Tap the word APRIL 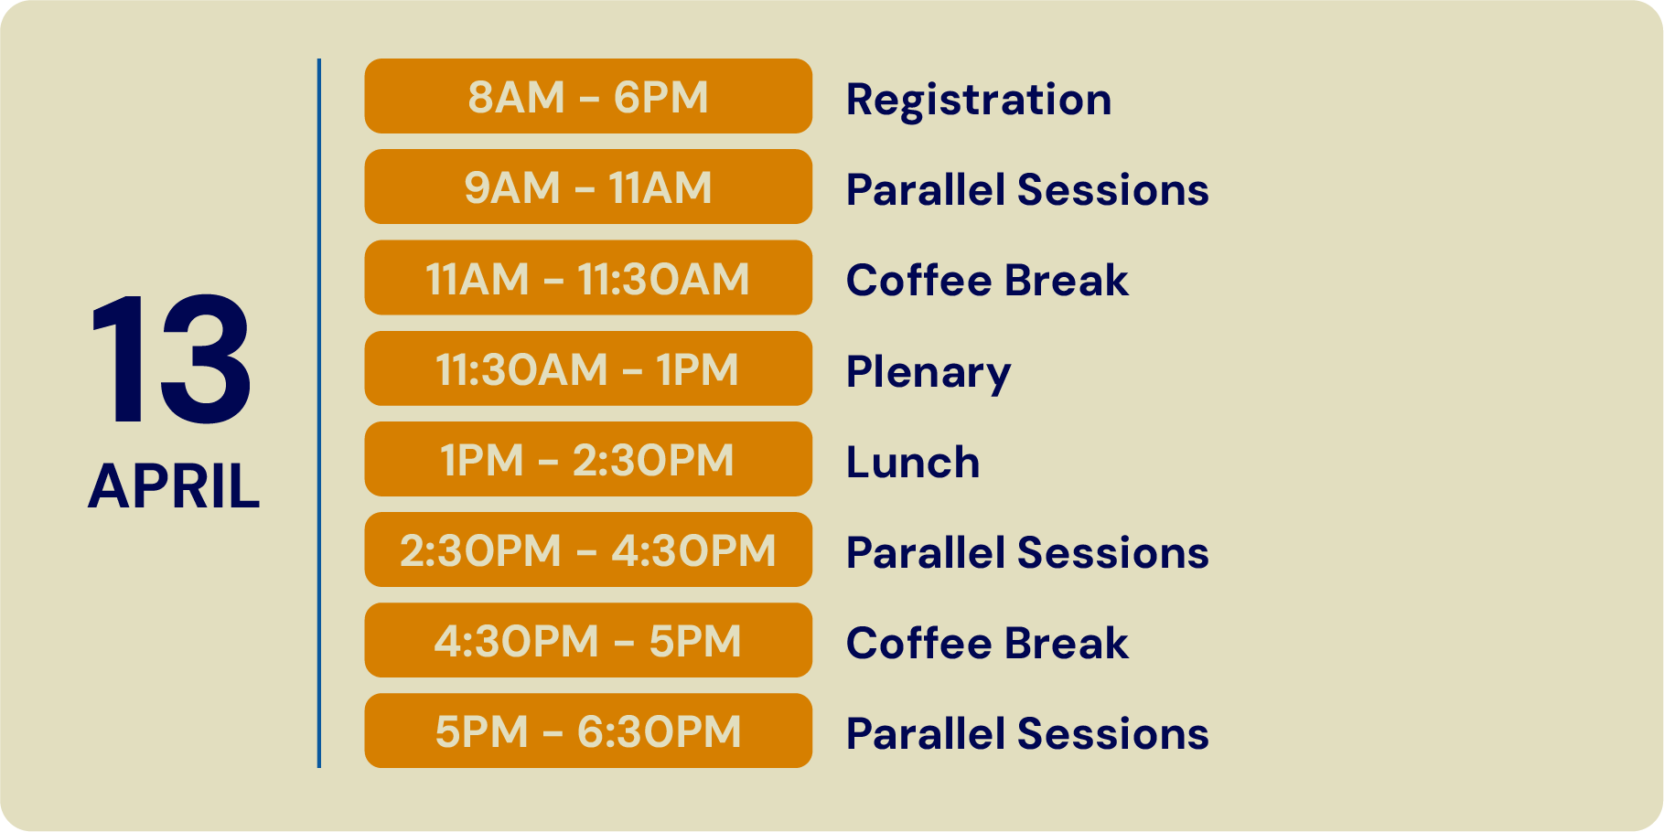click(x=174, y=485)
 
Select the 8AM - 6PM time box click(x=588, y=96)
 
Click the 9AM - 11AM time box click(x=588, y=187)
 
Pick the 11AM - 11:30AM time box click(x=588, y=277)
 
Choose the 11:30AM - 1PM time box click(x=588, y=368)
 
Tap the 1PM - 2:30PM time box click(x=588, y=459)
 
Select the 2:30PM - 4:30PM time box click(x=588, y=549)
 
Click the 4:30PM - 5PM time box click(x=588, y=640)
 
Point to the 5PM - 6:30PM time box click(x=588, y=731)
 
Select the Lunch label click(x=913, y=462)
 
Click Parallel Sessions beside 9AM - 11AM click(x=1027, y=190)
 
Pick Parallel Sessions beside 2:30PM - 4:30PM click(x=1027, y=553)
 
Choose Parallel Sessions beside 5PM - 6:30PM click(x=1027, y=734)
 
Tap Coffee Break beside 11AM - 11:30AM click(x=987, y=280)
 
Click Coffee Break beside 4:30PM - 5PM click(x=987, y=643)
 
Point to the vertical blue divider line click(x=319, y=413)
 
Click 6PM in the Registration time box click(x=661, y=97)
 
